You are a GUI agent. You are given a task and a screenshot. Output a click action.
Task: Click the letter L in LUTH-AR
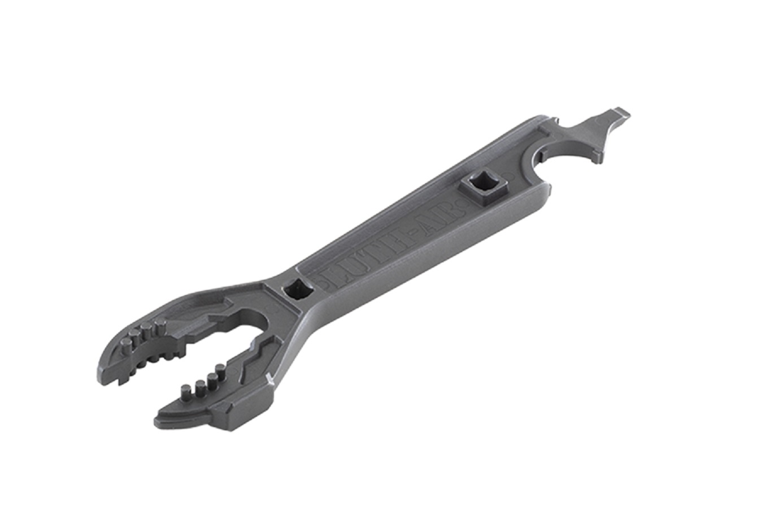[x=333, y=272]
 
